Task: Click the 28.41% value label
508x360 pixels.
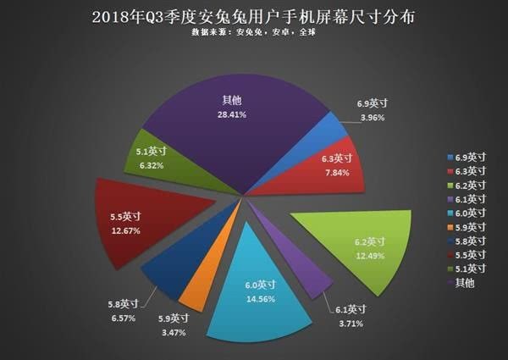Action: tap(232, 114)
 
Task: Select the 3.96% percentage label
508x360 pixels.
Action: tap(373, 118)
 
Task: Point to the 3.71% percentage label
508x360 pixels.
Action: tap(351, 324)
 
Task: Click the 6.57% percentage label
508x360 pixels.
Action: tap(124, 318)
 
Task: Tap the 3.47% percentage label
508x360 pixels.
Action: tap(174, 332)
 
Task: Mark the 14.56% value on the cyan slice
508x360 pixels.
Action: tap(261, 299)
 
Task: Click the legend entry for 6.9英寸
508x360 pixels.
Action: tap(467, 158)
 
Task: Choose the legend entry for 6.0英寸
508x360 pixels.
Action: tap(467, 213)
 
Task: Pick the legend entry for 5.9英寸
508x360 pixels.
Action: tap(467, 227)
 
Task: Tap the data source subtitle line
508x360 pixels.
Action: tap(254, 32)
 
